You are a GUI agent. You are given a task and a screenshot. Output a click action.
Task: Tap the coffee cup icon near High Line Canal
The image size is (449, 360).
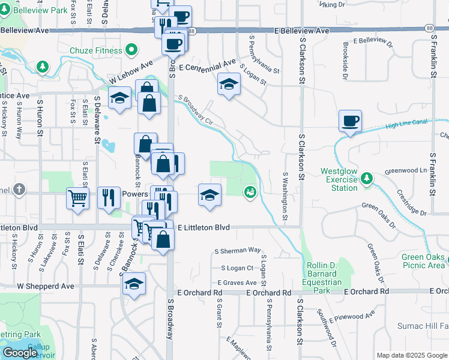click(350, 121)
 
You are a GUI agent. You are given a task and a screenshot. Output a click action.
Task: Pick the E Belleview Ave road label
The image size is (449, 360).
click(303, 31)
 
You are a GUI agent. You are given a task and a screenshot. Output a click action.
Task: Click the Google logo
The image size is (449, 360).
click(20, 353)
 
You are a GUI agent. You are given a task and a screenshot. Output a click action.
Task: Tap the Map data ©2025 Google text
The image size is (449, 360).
click(411, 355)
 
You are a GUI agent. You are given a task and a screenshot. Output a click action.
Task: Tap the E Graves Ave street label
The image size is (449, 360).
click(237, 282)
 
